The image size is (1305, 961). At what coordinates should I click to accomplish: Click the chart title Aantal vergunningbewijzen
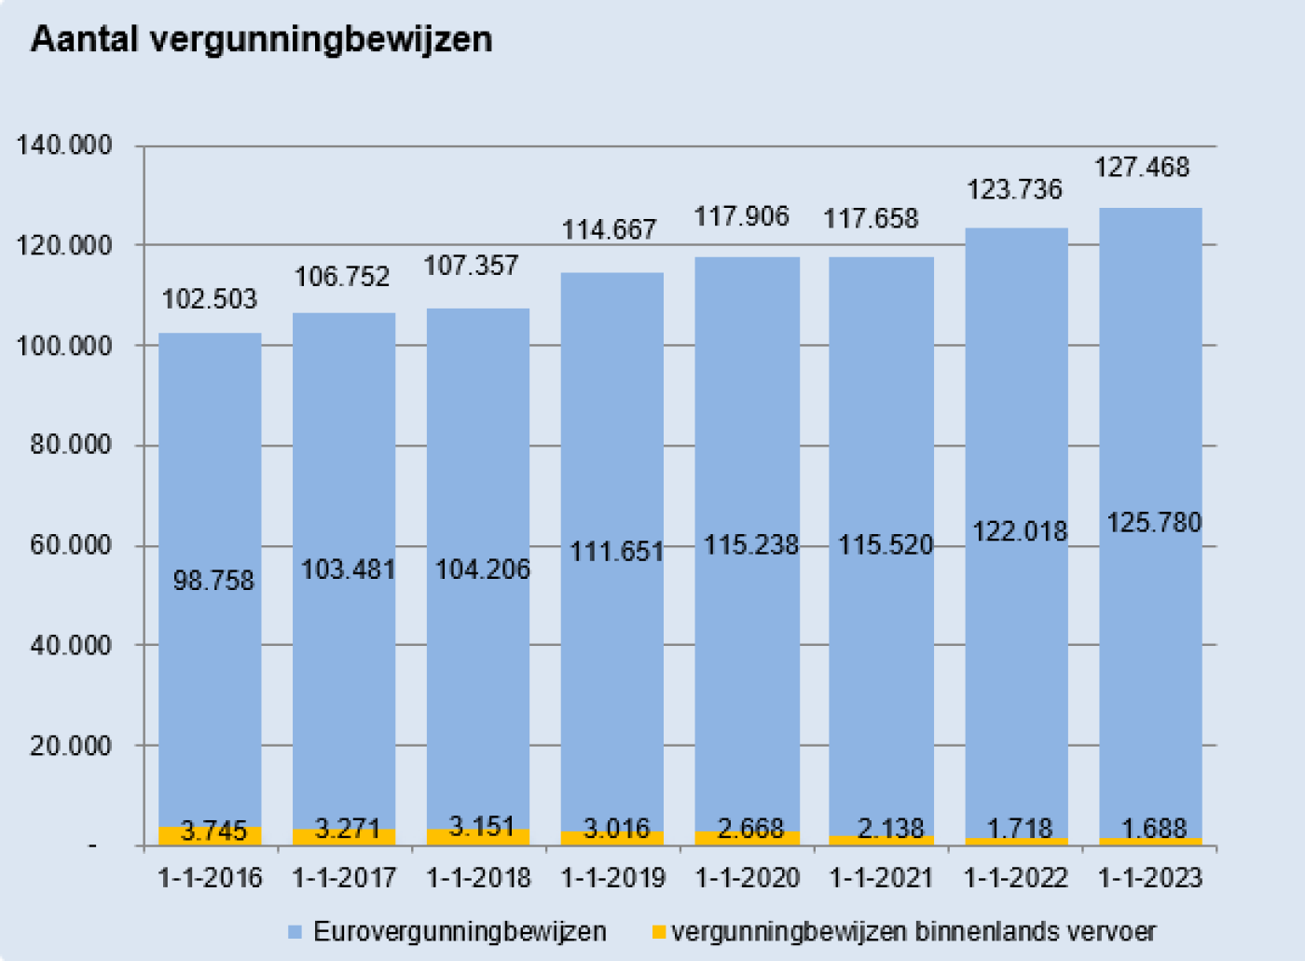click(261, 40)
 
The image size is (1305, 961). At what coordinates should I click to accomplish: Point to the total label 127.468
click(1141, 168)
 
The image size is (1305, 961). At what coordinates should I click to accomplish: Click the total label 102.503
click(209, 299)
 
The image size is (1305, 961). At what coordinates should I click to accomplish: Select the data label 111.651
click(616, 552)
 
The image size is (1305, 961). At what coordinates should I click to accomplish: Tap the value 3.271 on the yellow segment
click(347, 829)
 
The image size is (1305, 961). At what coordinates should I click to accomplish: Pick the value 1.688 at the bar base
click(1153, 828)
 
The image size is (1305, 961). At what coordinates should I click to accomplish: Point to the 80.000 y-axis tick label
click(70, 445)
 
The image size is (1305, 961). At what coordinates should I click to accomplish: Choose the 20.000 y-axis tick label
click(70, 746)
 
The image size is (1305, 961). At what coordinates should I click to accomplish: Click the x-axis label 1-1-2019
click(612, 878)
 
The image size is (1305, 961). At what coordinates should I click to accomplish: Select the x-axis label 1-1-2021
click(881, 878)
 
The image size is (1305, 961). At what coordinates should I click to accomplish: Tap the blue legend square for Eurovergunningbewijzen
click(295, 932)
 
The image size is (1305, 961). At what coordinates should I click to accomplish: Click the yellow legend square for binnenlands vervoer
click(658, 932)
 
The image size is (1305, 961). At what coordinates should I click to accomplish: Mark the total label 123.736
click(1013, 190)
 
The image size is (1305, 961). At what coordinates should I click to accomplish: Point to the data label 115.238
click(750, 545)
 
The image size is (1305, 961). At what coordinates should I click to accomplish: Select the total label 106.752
click(342, 277)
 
